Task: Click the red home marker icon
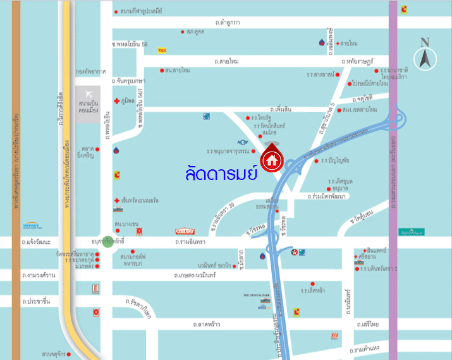pos(272,160)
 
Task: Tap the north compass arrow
pos(425,54)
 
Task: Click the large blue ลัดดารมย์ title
pos(221,173)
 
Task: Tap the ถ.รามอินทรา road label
pos(192,241)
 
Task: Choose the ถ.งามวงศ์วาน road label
pos(38,275)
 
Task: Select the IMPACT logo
pos(31,225)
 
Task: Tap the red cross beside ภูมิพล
pos(116,101)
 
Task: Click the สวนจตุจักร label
pos(55,354)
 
